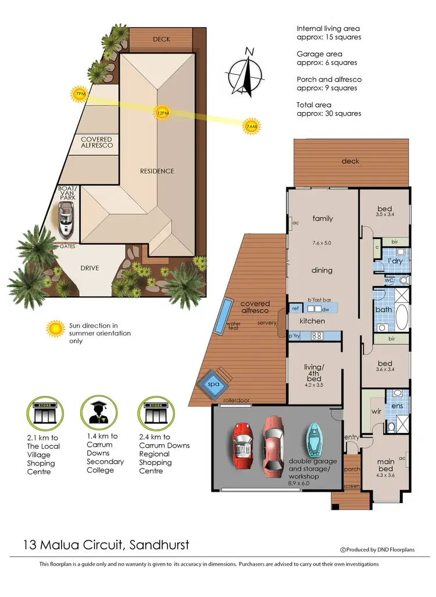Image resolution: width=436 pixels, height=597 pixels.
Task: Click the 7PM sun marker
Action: (x=78, y=94)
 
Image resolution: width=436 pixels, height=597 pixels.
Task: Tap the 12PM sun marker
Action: (x=162, y=112)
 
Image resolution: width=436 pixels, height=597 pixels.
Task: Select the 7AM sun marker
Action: (x=251, y=126)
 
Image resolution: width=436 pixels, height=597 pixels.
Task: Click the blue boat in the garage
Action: (x=313, y=442)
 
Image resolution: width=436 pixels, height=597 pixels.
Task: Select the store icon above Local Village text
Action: (x=44, y=413)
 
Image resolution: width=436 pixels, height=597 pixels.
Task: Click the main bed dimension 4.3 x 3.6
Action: (x=385, y=476)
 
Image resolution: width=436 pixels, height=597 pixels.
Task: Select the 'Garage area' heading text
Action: (x=319, y=53)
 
